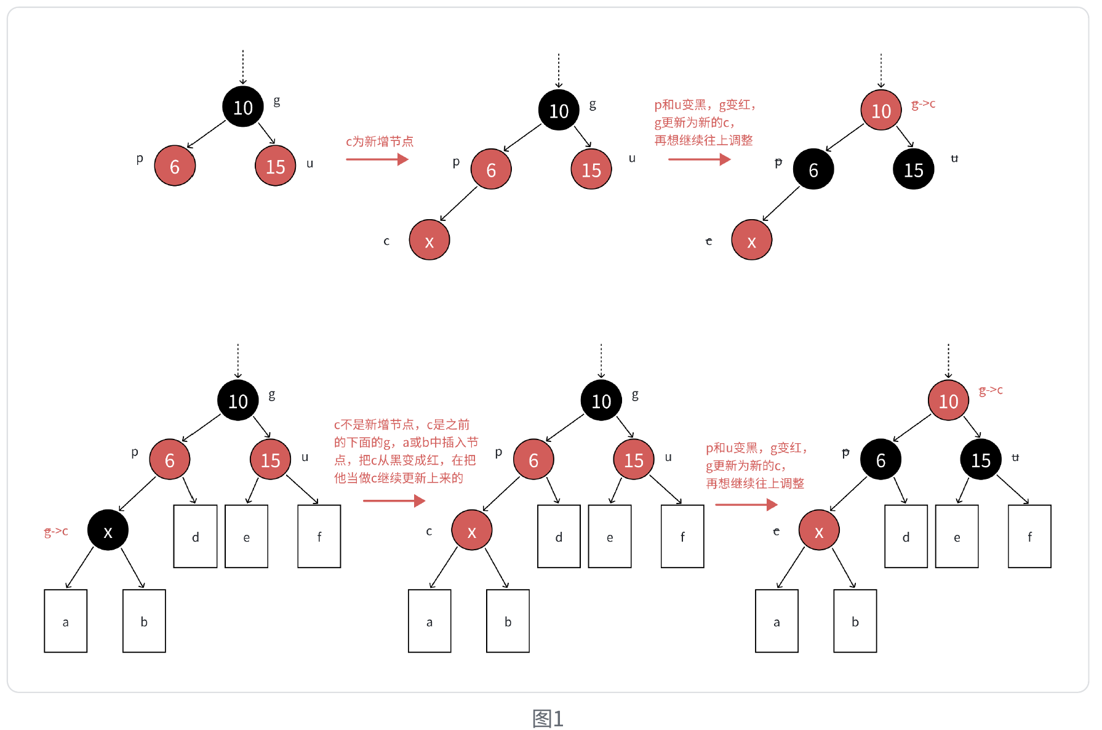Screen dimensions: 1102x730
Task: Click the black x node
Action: pos(108,530)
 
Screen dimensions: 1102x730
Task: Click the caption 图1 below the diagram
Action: pos(548,718)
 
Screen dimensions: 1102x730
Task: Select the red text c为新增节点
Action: pos(379,142)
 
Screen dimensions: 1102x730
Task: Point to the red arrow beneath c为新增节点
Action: pos(377,159)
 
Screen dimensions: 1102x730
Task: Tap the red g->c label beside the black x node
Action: pos(56,531)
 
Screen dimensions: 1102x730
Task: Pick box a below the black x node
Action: pos(66,620)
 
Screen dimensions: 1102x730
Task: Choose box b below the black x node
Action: pos(144,620)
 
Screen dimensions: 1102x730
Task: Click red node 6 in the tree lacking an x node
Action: pos(175,166)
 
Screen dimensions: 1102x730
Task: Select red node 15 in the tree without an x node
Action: pos(275,166)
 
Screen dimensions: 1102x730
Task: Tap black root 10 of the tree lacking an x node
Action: pos(242,107)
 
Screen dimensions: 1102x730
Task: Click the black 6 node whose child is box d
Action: pos(880,459)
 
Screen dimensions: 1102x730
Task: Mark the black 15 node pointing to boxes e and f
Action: pos(981,459)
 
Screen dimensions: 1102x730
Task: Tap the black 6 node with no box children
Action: pos(813,169)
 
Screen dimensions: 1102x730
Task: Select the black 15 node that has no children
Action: pos(913,169)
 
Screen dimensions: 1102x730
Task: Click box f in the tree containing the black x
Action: pos(319,536)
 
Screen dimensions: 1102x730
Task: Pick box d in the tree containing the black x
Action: pos(195,536)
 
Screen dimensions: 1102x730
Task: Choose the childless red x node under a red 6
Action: pos(429,240)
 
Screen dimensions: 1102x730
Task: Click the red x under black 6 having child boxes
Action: pos(818,530)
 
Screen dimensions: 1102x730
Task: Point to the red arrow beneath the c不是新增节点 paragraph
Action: pos(394,500)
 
